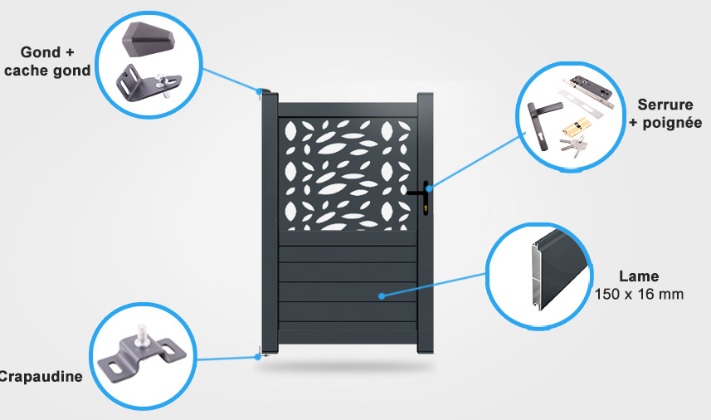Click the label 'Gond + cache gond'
pyautogui.click(x=47, y=61)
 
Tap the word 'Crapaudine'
pyautogui.click(x=41, y=377)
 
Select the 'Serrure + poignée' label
pyautogui.click(x=665, y=114)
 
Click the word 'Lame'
pyautogui.click(x=639, y=276)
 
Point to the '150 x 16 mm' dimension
pyautogui.click(x=639, y=295)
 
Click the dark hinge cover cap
pyautogui.click(x=148, y=40)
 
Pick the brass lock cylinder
pyautogui.click(x=573, y=127)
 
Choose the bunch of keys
pyautogui.click(x=573, y=145)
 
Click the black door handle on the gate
pyautogui.click(x=420, y=196)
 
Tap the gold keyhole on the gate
pyautogui.click(x=426, y=208)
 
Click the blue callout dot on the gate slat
pyautogui.click(x=382, y=296)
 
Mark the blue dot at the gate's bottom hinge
pyautogui.click(x=257, y=357)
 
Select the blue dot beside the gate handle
pyautogui.click(x=429, y=188)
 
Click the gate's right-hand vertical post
pyautogui.click(x=425, y=223)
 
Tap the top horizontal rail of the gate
pyautogui.click(x=348, y=110)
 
